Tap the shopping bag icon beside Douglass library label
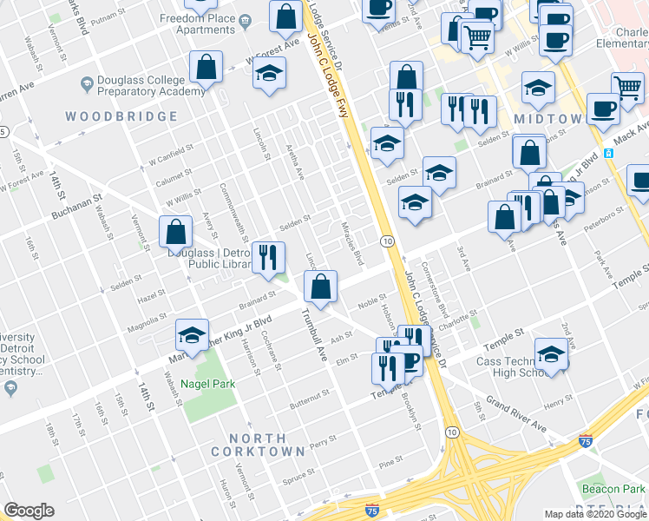(x=175, y=233)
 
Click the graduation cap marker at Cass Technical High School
(x=550, y=353)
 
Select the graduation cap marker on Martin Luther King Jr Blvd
(x=193, y=333)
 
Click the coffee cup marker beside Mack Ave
(x=603, y=108)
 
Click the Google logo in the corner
(x=29, y=511)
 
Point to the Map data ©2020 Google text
(x=594, y=514)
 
